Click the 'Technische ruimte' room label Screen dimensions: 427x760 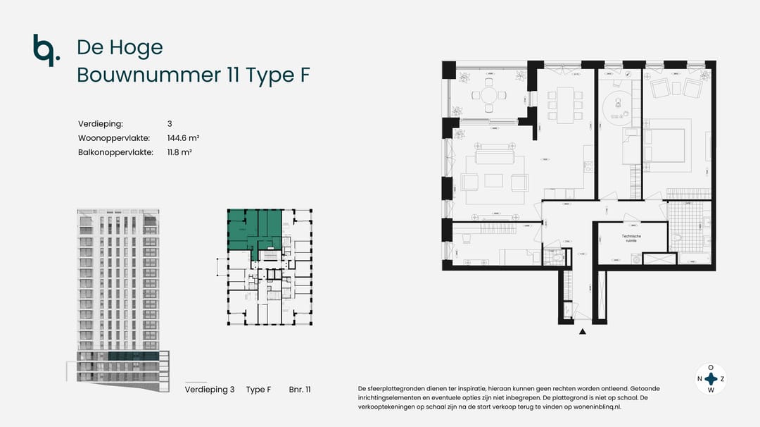pyautogui.click(x=631, y=238)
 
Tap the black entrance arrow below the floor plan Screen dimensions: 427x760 pyautogui.click(x=582, y=331)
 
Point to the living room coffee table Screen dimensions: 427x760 pyautogui.click(x=493, y=181)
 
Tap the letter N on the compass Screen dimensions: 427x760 pyautogui.click(x=699, y=379)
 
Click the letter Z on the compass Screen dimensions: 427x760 pyautogui.click(x=722, y=379)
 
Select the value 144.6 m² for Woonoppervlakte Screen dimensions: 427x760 pyautogui.click(x=179, y=138)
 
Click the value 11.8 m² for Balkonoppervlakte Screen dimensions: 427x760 pyautogui.click(x=179, y=152)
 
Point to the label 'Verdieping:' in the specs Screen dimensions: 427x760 pyautogui.click(x=101, y=124)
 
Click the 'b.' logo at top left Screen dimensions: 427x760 pyautogui.click(x=43, y=49)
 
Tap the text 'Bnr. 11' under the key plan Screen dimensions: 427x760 pyautogui.click(x=300, y=390)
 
